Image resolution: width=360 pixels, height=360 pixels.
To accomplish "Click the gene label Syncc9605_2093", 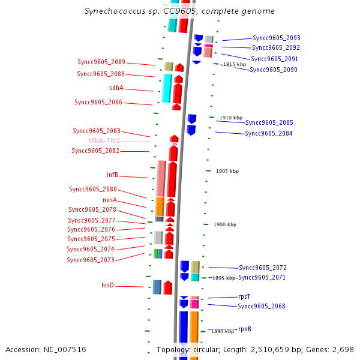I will tap(276, 38).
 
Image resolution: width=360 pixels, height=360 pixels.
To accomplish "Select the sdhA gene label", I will tap(116, 88).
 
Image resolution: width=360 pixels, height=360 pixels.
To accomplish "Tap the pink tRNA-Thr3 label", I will tap(104, 140).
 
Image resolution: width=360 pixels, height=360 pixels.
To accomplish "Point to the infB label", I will tap(112, 175).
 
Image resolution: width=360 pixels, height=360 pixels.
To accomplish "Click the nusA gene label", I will tap(110, 200).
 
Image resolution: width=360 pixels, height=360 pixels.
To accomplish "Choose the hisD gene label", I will tap(108, 286).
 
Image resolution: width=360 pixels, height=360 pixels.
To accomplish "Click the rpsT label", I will tap(244, 296).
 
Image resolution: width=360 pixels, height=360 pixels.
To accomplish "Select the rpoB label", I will tap(244, 329).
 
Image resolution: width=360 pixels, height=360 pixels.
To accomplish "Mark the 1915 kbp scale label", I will tap(234, 64).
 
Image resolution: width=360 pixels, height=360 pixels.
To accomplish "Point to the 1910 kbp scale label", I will tap(231, 118).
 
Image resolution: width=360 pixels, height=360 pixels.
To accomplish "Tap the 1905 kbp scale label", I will tap(227, 171).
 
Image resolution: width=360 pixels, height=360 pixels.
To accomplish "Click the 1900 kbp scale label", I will tap(225, 224).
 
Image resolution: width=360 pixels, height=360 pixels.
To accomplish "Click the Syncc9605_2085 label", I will tap(269, 122).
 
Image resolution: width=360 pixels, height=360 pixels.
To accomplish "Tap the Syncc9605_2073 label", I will tap(91, 260).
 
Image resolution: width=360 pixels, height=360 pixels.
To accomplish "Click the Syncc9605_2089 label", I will tap(101, 62).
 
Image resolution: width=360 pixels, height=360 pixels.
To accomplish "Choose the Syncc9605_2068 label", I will tap(262, 307).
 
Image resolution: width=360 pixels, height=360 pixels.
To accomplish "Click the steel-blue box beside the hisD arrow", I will tap(157, 287).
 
